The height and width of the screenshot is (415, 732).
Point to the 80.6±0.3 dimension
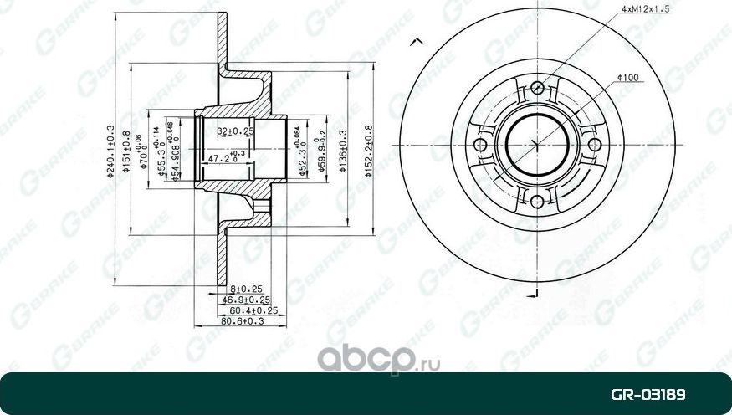[241, 320]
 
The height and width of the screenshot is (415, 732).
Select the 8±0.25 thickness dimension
[241, 287]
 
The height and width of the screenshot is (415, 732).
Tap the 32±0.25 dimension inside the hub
[235, 131]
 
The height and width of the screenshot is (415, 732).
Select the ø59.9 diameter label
[320, 151]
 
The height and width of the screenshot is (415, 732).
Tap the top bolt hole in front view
[537, 87]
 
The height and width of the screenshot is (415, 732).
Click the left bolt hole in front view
[480, 145]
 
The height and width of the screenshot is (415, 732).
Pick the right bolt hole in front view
[595, 145]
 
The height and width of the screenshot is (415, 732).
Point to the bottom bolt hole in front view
[537, 201]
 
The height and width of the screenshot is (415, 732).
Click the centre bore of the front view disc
[537, 144]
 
